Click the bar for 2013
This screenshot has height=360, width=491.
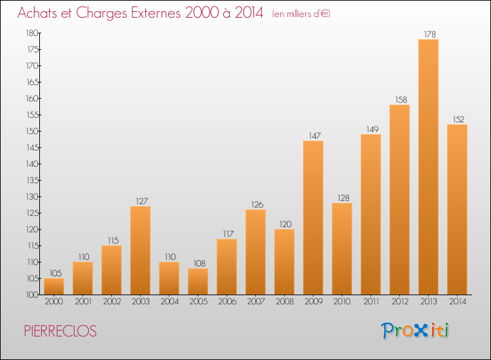coord(428,167)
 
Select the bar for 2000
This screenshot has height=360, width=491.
coord(54,287)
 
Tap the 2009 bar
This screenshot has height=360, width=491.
coord(313,217)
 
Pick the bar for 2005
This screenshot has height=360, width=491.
coord(198,281)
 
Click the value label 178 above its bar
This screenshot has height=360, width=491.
coord(430,34)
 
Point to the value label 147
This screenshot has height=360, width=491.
coord(315,135)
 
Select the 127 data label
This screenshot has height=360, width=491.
coord(142,201)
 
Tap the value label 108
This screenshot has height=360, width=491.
coord(200,263)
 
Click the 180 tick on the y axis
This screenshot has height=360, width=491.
coord(32,33)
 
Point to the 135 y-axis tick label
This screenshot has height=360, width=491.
coord(32,180)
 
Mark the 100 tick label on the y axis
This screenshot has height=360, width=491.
coord(32,295)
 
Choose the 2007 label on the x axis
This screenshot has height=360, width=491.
coord(256,302)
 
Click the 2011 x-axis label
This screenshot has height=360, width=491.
coord(371,302)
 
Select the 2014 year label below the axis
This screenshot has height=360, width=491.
coord(458,302)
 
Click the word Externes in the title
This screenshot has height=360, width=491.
coord(156,12)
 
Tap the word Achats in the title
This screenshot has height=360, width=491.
coord(37,12)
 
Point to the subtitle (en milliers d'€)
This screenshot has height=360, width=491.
coord(301,14)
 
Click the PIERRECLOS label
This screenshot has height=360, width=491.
coord(60,331)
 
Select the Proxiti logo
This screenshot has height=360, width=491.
coord(415,331)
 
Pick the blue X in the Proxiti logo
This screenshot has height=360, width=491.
coord(422,331)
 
